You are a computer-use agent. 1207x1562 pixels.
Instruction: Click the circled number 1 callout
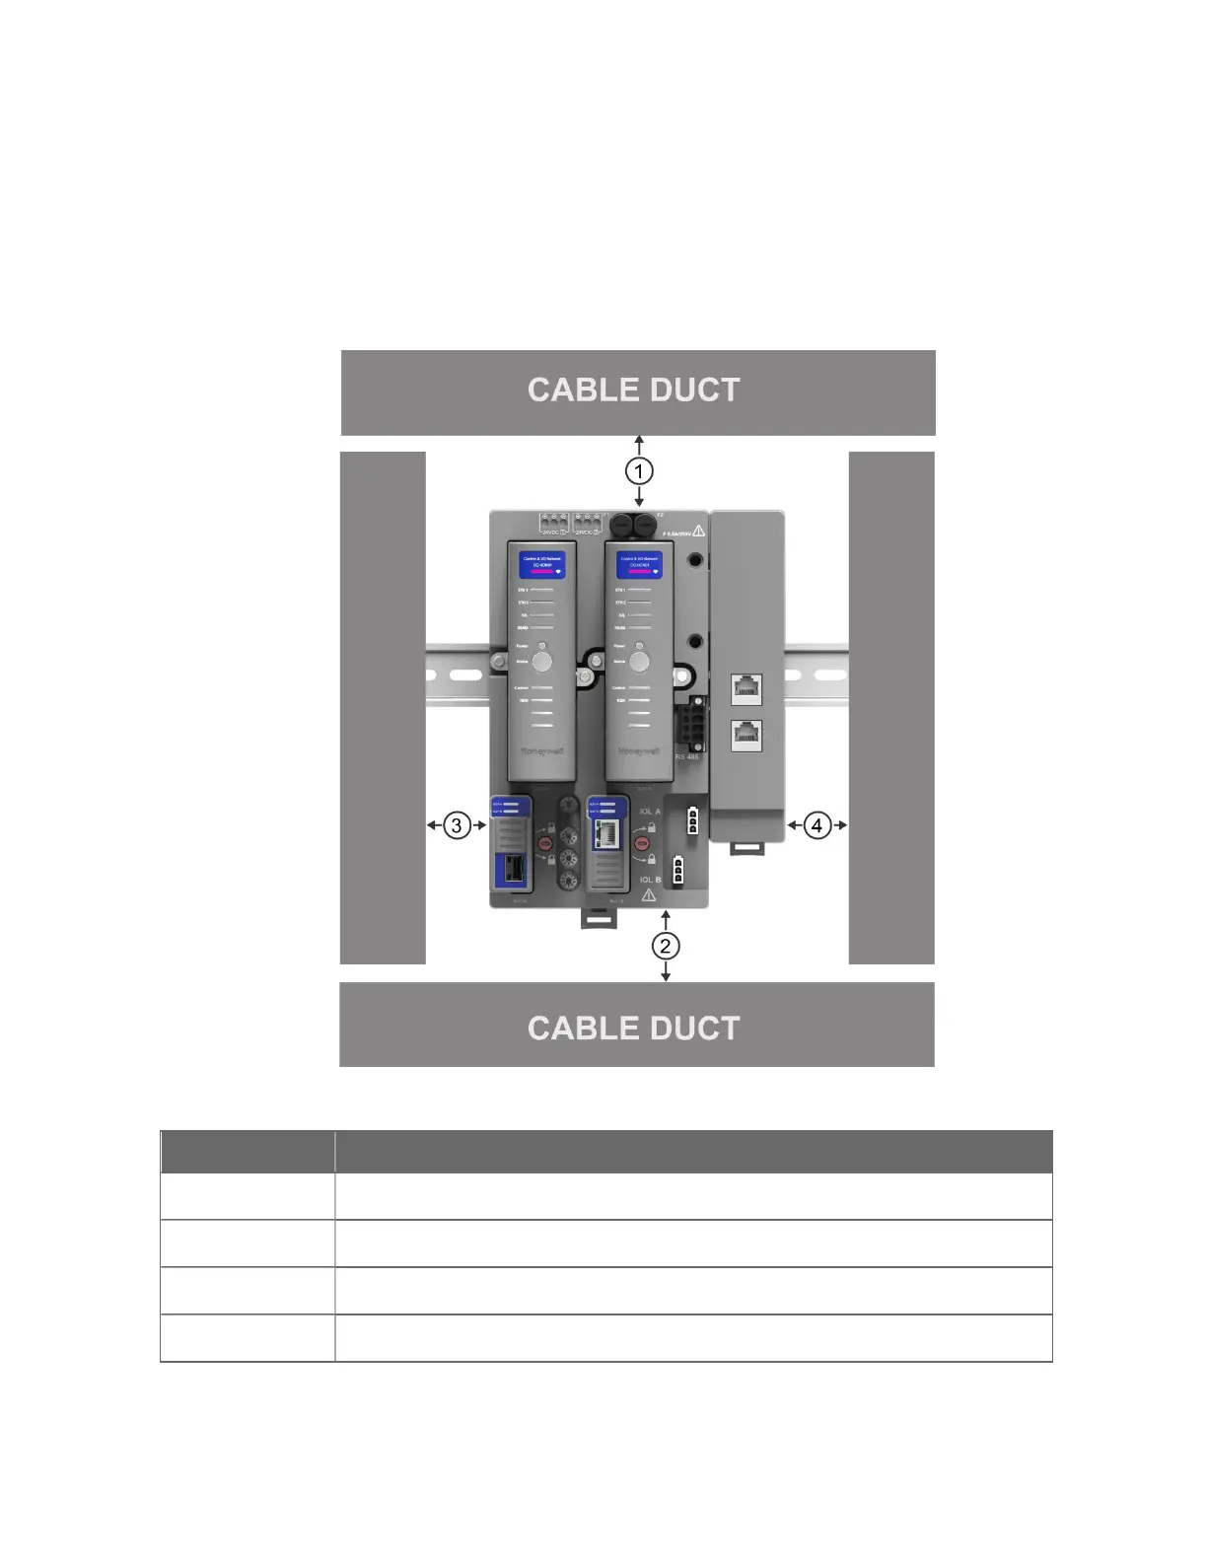[639, 470]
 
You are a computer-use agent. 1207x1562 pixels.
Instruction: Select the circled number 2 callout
[666, 946]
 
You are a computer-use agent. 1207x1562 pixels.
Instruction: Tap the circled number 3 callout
[456, 825]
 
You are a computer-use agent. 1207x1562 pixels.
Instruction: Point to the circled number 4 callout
[817, 825]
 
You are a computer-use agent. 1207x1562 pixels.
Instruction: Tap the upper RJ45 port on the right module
[746, 688]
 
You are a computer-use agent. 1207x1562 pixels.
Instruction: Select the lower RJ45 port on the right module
[746, 735]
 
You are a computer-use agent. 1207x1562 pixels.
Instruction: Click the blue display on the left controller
[542, 565]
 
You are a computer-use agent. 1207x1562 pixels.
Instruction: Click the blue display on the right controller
[639, 565]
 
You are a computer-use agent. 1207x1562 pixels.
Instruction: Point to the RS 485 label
[687, 757]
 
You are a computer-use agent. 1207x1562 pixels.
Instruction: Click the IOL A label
[650, 812]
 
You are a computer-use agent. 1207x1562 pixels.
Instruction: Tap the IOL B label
[650, 880]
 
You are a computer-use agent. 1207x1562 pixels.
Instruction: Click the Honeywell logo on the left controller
[541, 752]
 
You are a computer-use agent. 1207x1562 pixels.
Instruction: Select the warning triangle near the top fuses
[698, 531]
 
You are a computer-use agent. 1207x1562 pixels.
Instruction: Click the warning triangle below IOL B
[649, 895]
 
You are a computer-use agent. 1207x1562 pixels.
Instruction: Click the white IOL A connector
[692, 820]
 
